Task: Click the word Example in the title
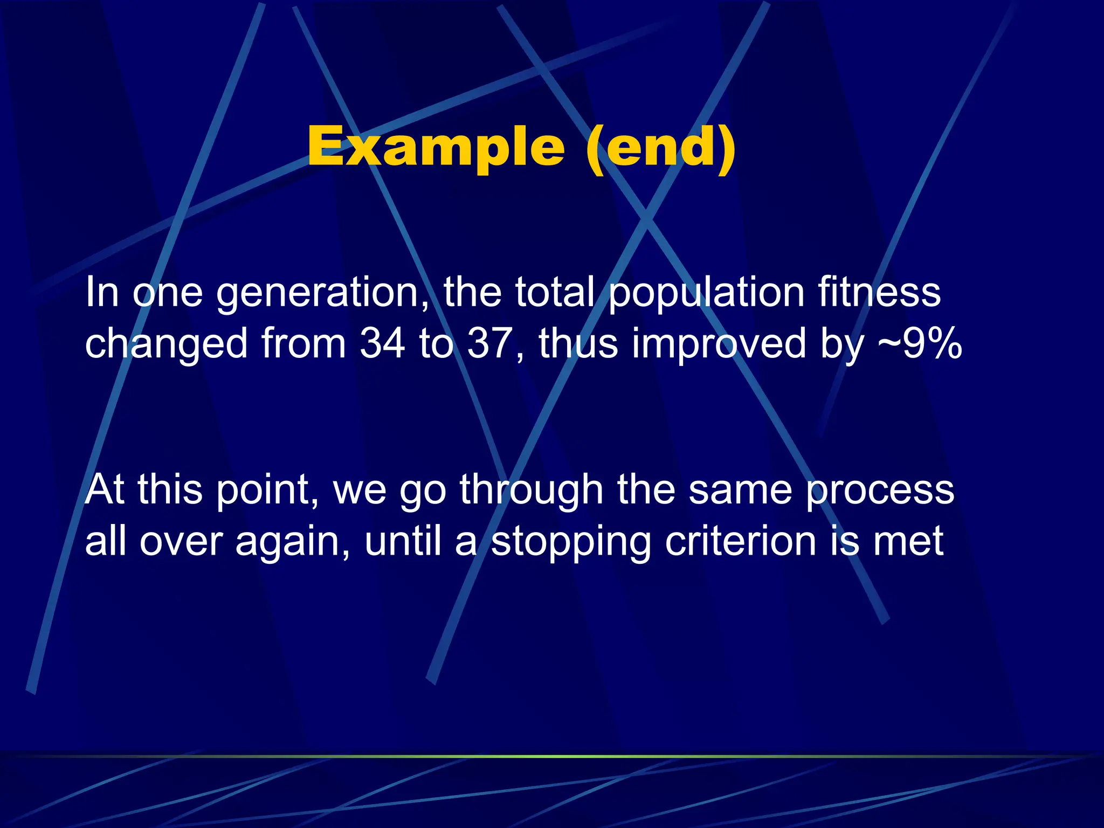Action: (x=436, y=147)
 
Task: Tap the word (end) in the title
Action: (x=661, y=147)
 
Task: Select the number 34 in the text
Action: (x=382, y=343)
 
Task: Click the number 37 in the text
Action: (x=489, y=343)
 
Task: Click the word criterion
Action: (x=740, y=541)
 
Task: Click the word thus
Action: (x=578, y=343)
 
